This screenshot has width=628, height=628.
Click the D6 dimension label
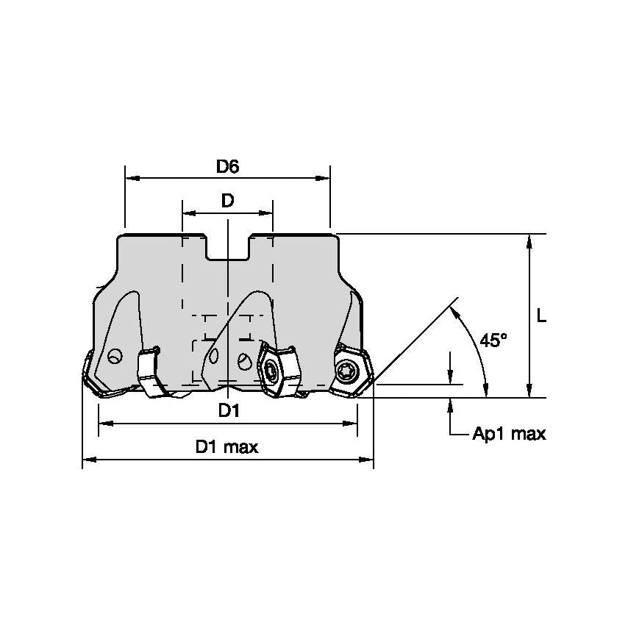pyautogui.click(x=227, y=166)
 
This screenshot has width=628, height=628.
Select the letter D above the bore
pyautogui.click(x=227, y=201)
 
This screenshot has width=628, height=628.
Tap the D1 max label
pyautogui.click(x=226, y=447)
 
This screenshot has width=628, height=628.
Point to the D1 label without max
pyautogui.click(x=229, y=411)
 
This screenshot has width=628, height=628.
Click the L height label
pyautogui.click(x=542, y=315)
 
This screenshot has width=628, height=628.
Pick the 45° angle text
pyautogui.click(x=493, y=340)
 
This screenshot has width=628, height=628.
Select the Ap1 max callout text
pyautogui.click(x=509, y=434)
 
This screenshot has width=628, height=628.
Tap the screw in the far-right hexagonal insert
pyautogui.click(x=346, y=371)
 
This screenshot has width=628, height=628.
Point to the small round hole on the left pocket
pyautogui.click(x=113, y=357)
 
